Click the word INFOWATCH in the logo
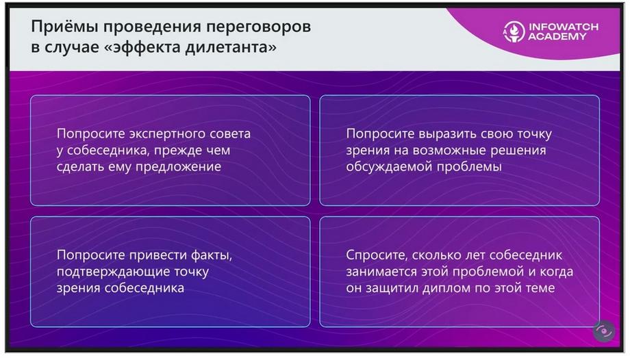(x=564, y=27)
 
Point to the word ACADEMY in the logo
(x=557, y=36)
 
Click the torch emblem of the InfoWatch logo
(x=514, y=31)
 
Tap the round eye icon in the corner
(x=603, y=331)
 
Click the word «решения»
(x=521, y=151)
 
